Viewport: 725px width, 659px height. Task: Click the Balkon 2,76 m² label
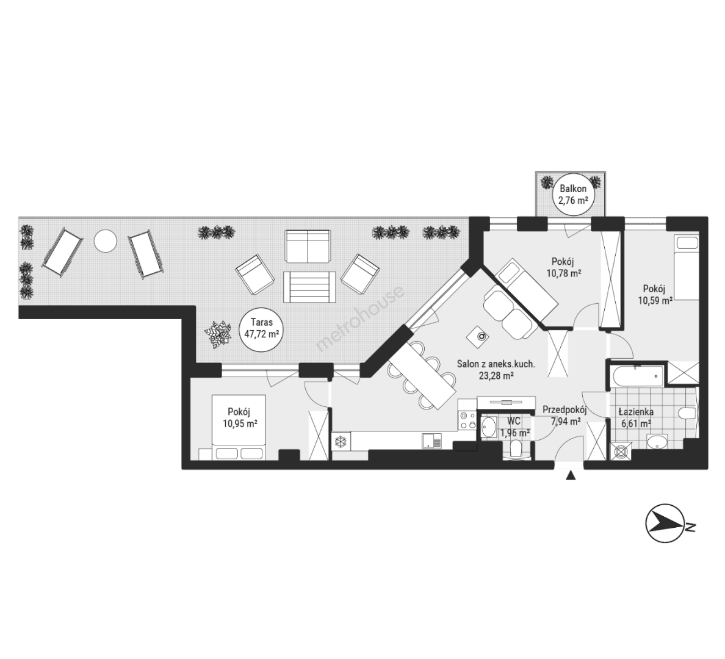(573, 195)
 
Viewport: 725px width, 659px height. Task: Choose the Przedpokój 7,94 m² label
(564, 415)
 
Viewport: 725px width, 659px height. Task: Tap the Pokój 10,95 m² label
(239, 417)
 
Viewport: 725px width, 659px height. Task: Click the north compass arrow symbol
(665, 524)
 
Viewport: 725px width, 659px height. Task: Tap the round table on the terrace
(106, 240)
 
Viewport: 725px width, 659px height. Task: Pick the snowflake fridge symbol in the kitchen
(341, 441)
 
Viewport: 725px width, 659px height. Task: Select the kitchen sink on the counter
(431, 441)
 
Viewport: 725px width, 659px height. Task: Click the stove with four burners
(467, 419)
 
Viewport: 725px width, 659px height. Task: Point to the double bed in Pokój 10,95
(239, 427)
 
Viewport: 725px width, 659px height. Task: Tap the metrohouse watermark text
(360, 319)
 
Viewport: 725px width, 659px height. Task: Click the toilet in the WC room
(516, 448)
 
